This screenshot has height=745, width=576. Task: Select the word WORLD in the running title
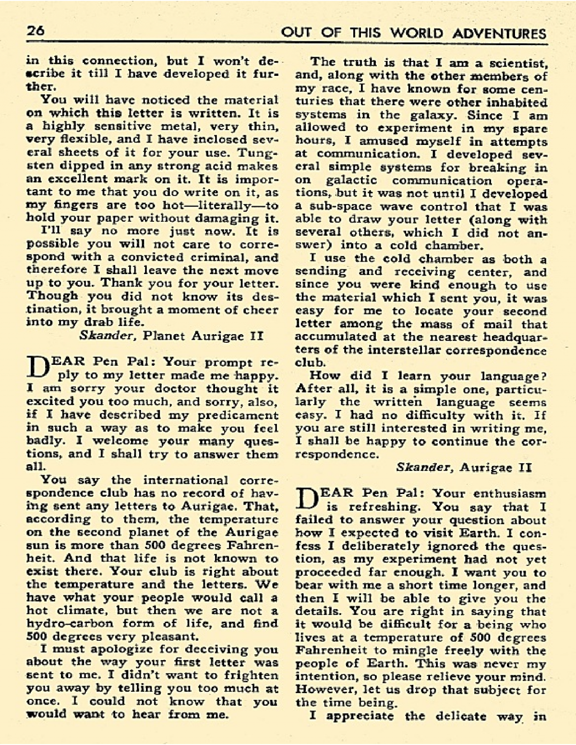(x=408, y=33)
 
